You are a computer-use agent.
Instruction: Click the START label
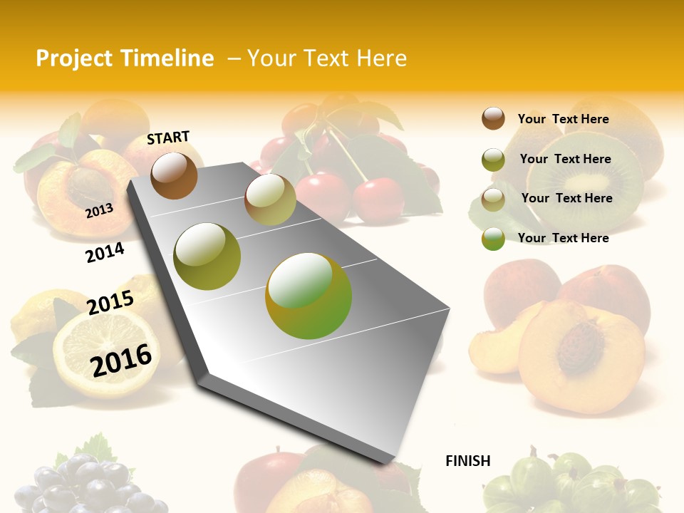click(168, 138)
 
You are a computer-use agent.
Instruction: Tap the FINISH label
click(467, 461)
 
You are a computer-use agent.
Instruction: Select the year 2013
click(99, 210)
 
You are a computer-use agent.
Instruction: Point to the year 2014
click(105, 252)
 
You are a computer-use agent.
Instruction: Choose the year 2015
click(110, 303)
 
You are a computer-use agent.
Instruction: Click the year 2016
click(121, 360)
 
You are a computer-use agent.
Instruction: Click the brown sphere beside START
click(174, 175)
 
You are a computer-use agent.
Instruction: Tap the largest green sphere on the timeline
click(309, 296)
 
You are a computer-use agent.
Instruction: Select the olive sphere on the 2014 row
click(207, 256)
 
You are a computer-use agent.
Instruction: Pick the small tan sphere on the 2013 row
click(270, 199)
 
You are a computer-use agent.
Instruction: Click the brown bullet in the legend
click(493, 118)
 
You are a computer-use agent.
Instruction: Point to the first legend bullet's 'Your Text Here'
click(563, 119)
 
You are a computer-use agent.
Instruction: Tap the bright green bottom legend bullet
click(493, 239)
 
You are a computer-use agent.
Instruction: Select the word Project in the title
click(74, 58)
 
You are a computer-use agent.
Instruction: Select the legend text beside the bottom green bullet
click(563, 238)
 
